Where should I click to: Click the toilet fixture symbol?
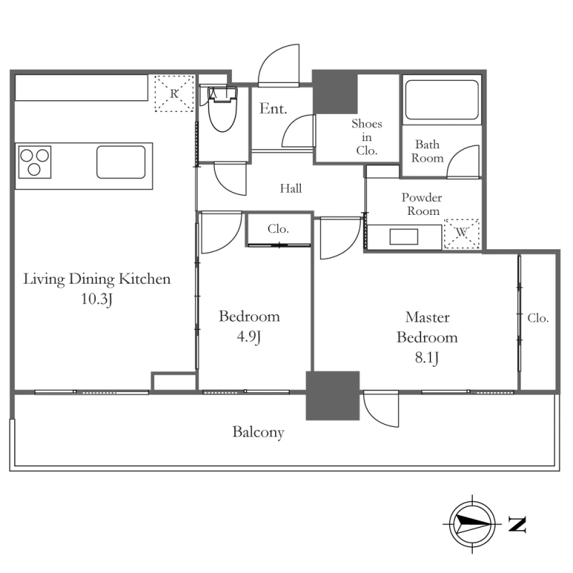(x=223, y=109)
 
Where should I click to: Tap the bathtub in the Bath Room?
(x=442, y=100)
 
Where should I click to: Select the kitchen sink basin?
(x=121, y=163)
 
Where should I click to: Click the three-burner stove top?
(x=34, y=163)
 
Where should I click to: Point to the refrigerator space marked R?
(x=174, y=94)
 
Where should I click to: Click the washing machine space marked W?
(x=461, y=234)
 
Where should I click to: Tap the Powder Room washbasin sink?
(x=404, y=237)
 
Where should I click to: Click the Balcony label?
(x=258, y=433)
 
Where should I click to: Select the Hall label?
(x=291, y=188)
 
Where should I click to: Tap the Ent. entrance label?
(x=273, y=109)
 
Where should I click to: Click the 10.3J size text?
(x=97, y=299)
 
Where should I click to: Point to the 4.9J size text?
(x=249, y=337)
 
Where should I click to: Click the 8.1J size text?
(x=427, y=357)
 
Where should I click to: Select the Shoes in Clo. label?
(x=367, y=137)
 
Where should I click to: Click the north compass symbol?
(x=472, y=524)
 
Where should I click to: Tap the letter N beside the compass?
(x=517, y=524)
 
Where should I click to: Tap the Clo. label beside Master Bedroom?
(x=538, y=318)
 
